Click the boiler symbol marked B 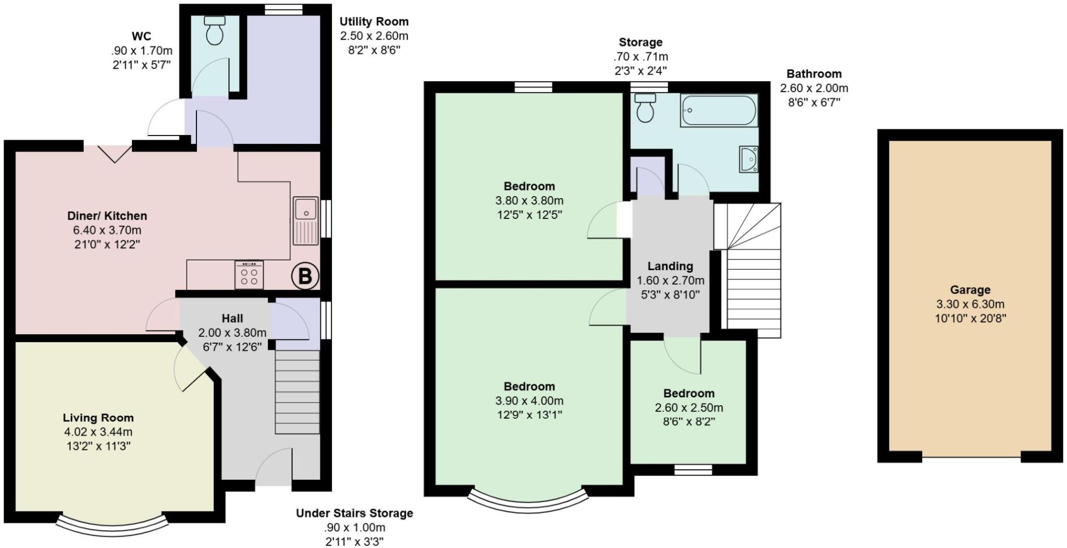[305, 276]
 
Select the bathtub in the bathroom [719, 110]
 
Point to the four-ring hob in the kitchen [249, 275]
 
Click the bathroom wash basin [749, 159]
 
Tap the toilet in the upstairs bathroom [646, 107]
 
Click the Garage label [970, 290]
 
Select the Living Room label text [98, 418]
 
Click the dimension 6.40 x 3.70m [107, 230]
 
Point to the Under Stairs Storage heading [354, 513]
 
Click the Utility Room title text [374, 22]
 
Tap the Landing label [670, 266]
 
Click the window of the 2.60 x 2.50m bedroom [693, 470]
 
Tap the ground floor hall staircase [297, 392]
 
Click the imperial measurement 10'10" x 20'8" [970, 318]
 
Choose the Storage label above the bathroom [640, 42]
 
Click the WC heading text [141, 36]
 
